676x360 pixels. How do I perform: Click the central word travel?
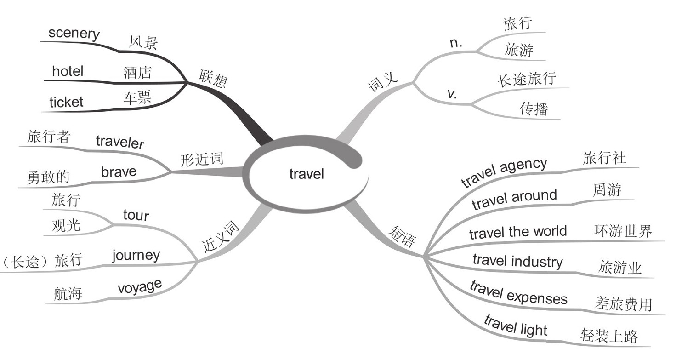[307, 174]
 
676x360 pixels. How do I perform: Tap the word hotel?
[68, 71]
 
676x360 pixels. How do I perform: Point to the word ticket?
[66, 102]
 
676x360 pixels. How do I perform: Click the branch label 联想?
[213, 78]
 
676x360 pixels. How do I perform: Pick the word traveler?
[120, 142]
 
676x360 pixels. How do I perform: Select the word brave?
[119, 172]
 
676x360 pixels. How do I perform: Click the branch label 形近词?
[201, 160]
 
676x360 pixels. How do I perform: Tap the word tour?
[136, 215]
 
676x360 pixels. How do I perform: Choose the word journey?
[136, 255]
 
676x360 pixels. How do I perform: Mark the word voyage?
[140, 287]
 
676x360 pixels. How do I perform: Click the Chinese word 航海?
[68, 293]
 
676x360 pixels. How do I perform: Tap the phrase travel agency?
[504, 172]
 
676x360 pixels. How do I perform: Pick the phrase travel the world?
[518, 232]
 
